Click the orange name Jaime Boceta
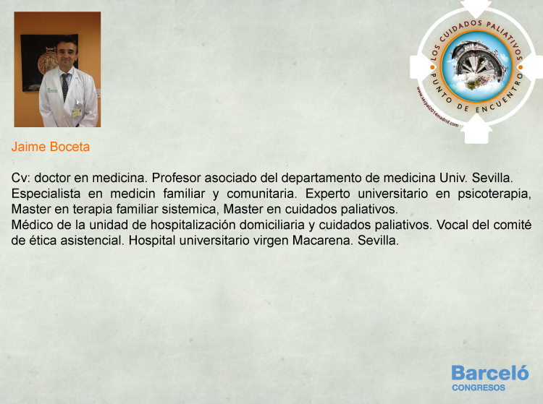(51, 147)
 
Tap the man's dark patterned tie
(64, 86)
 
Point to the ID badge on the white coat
(76, 113)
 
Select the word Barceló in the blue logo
(490, 373)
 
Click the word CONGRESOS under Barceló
(479, 388)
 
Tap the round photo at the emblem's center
(477, 66)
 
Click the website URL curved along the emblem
(436, 109)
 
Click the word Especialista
(46, 194)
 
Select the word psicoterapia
(494, 194)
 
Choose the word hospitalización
(193, 225)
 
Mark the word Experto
(327, 194)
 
